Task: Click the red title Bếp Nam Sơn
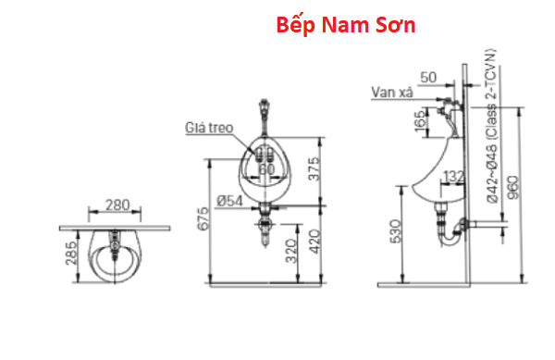[345, 25]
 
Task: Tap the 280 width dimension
[117, 205]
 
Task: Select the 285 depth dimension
[71, 253]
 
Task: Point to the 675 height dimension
[203, 219]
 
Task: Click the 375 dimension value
[314, 168]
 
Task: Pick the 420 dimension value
[314, 242]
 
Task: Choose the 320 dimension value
[291, 251]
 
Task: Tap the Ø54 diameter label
[230, 201]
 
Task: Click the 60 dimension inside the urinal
[266, 169]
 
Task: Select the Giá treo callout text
[209, 128]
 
